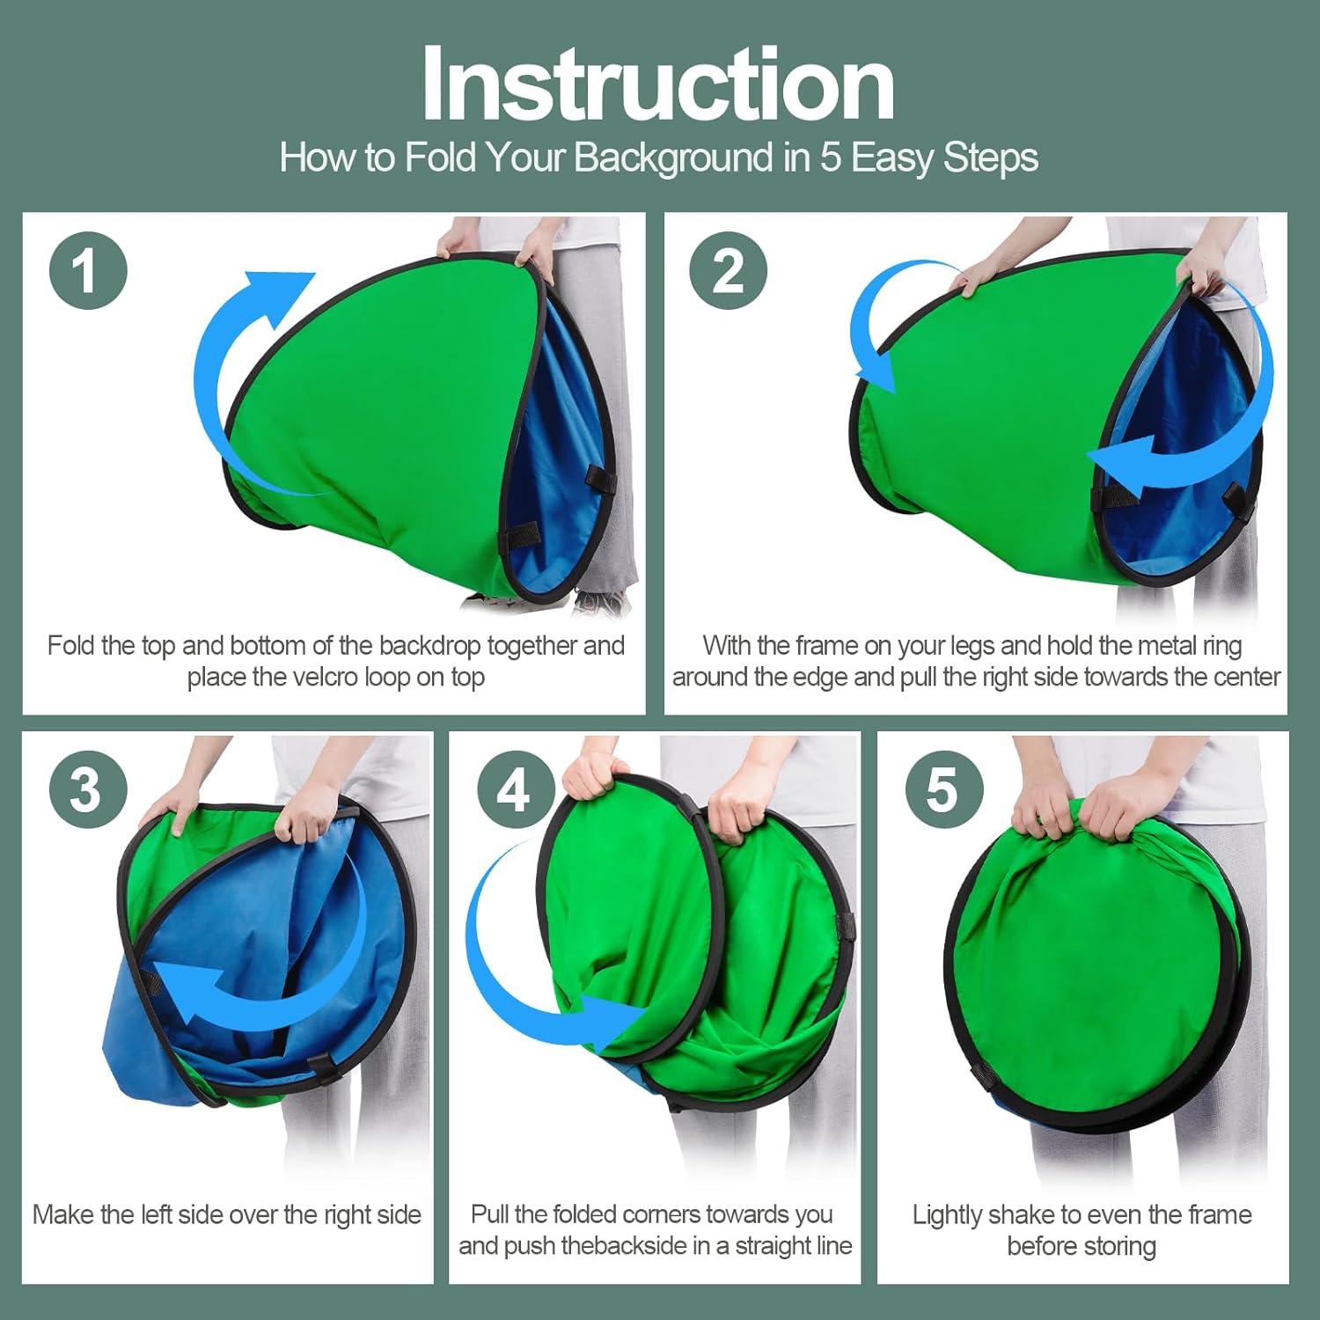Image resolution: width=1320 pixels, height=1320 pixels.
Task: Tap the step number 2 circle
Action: tap(729, 270)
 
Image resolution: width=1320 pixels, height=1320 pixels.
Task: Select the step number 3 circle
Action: tap(88, 789)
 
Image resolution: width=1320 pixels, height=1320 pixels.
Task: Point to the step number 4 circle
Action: tap(516, 789)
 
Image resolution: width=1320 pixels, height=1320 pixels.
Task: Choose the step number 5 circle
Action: tap(943, 789)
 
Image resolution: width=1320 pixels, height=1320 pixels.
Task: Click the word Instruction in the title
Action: tap(658, 84)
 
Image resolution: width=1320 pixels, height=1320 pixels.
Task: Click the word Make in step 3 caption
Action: tap(62, 1215)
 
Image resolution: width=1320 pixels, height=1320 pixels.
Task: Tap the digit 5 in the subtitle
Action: tap(832, 159)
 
